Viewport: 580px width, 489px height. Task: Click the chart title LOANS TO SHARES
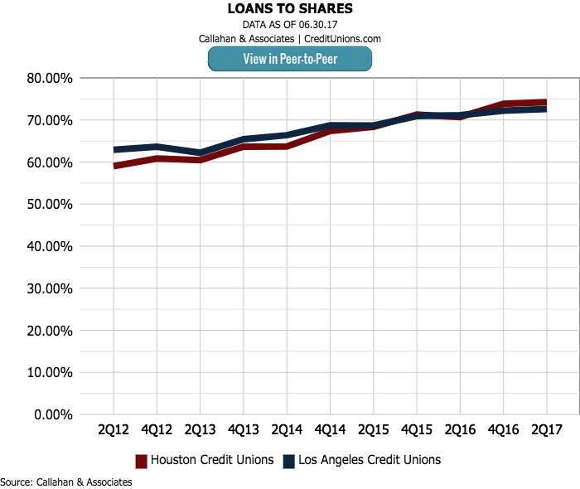pos(289,9)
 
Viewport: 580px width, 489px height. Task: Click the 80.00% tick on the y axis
pos(51,78)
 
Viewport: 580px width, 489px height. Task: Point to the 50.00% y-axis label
pos(51,204)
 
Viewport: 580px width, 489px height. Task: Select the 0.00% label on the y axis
pos(54,414)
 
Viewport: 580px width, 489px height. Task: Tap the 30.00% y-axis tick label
pos(51,288)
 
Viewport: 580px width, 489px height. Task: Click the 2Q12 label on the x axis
pos(114,431)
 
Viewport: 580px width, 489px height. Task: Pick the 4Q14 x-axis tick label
pos(330,431)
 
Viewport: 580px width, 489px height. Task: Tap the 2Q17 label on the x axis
pos(546,431)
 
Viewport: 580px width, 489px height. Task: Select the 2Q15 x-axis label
pos(373,431)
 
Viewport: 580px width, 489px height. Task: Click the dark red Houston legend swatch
pos(141,461)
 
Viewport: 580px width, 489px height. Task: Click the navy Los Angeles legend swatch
pos(289,461)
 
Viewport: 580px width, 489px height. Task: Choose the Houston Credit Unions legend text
pos(212,460)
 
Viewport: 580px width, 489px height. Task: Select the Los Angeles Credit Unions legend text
pos(370,460)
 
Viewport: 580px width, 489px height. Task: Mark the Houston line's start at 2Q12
pos(114,166)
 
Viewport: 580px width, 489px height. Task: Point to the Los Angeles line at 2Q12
pos(114,150)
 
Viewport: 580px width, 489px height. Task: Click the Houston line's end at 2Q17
pos(546,103)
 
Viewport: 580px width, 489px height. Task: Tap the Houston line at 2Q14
pos(287,147)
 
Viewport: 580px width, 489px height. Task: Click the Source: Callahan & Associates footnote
pos(66,482)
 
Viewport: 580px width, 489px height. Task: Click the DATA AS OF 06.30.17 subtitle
pos(289,25)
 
